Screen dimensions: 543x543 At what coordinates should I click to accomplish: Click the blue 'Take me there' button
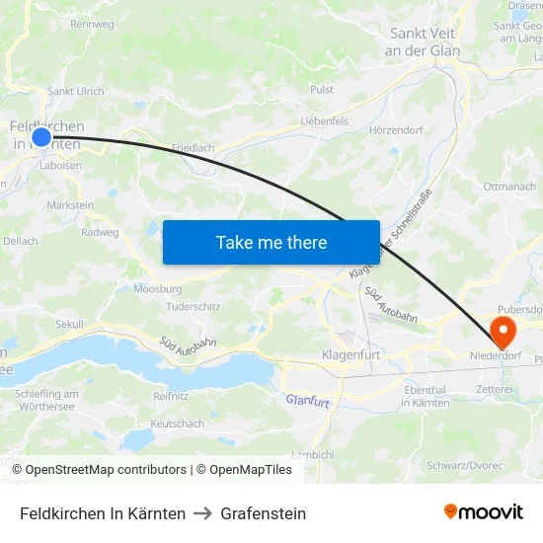point(271,242)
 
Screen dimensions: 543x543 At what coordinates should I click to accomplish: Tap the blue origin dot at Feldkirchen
point(41,137)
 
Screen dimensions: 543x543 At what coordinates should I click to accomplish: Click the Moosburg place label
point(158,290)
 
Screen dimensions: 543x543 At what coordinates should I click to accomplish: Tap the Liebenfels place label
point(325,121)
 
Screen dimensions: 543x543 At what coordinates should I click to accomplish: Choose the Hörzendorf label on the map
point(396,130)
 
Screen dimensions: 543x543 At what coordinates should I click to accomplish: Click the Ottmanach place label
point(510,187)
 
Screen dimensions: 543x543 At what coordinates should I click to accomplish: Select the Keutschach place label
point(178,424)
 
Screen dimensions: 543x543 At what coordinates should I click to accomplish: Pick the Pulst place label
point(322,89)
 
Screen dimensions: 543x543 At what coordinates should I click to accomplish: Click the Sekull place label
point(69,324)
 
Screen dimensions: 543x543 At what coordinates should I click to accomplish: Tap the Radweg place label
point(100,233)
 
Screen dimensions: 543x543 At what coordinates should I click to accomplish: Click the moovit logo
point(483,512)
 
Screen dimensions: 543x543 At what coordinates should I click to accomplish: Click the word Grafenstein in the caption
point(264,513)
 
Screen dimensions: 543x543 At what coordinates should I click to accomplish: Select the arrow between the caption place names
point(203,513)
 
